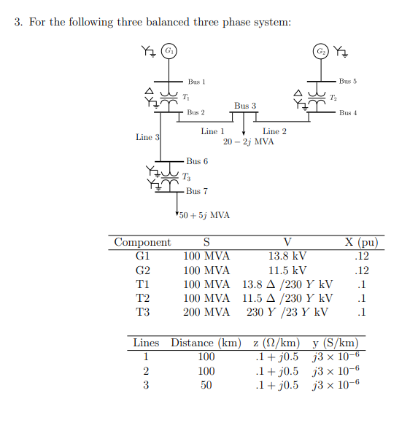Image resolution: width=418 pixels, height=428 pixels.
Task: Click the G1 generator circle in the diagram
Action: pyautogui.click(x=169, y=51)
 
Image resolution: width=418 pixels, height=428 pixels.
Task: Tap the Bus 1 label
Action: pyautogui.click(x=196, y=82)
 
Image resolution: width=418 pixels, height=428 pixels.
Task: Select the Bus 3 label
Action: pyautogui.click(x=245, y=106)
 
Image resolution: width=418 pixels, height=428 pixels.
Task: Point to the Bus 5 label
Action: pyautogui.click(x=348, y=81)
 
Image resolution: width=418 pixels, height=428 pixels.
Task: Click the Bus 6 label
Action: pyautogui.click(x=196, y=161)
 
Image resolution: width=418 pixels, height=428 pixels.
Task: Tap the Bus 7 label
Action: pyautogui.click(x=196, y=191)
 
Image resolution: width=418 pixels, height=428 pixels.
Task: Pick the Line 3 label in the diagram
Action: pyautogui.click(x=144, y=137)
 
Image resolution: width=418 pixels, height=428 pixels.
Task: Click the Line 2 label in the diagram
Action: pyautogui.click(x=274, y=131)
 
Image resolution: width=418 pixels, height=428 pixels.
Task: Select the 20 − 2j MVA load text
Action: pyautogui.click(x=249, y=141)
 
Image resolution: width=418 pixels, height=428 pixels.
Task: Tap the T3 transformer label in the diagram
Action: pyautogui.click(x=187, y=176)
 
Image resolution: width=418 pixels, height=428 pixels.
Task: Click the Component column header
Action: pyautogui.click(x=143, y=242)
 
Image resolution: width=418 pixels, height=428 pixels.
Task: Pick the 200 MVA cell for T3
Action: pyautogui.click(x=206, y=312)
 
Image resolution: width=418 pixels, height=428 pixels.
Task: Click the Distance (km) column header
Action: pyautogui.click(x=202, y=343)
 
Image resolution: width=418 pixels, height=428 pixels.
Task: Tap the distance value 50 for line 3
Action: pyautogui.click(x=206, y=385)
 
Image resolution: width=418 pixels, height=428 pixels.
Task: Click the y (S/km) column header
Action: pyautogui.click(x=335, y=343)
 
